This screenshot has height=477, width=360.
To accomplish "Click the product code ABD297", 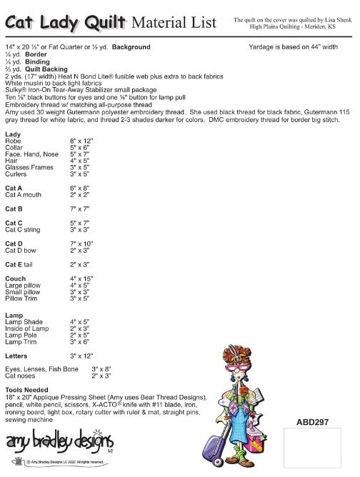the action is pyautogui.click(x=312, y=422).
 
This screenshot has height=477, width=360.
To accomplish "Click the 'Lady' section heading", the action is pyautogui.click(x=13, y=134).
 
